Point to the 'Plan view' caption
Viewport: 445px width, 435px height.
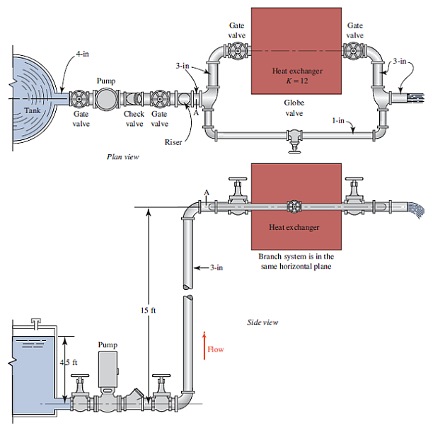122,157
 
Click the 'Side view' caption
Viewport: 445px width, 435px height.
262,322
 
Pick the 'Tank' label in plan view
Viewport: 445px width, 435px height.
33,110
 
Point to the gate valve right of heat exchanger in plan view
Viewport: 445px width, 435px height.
354,52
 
